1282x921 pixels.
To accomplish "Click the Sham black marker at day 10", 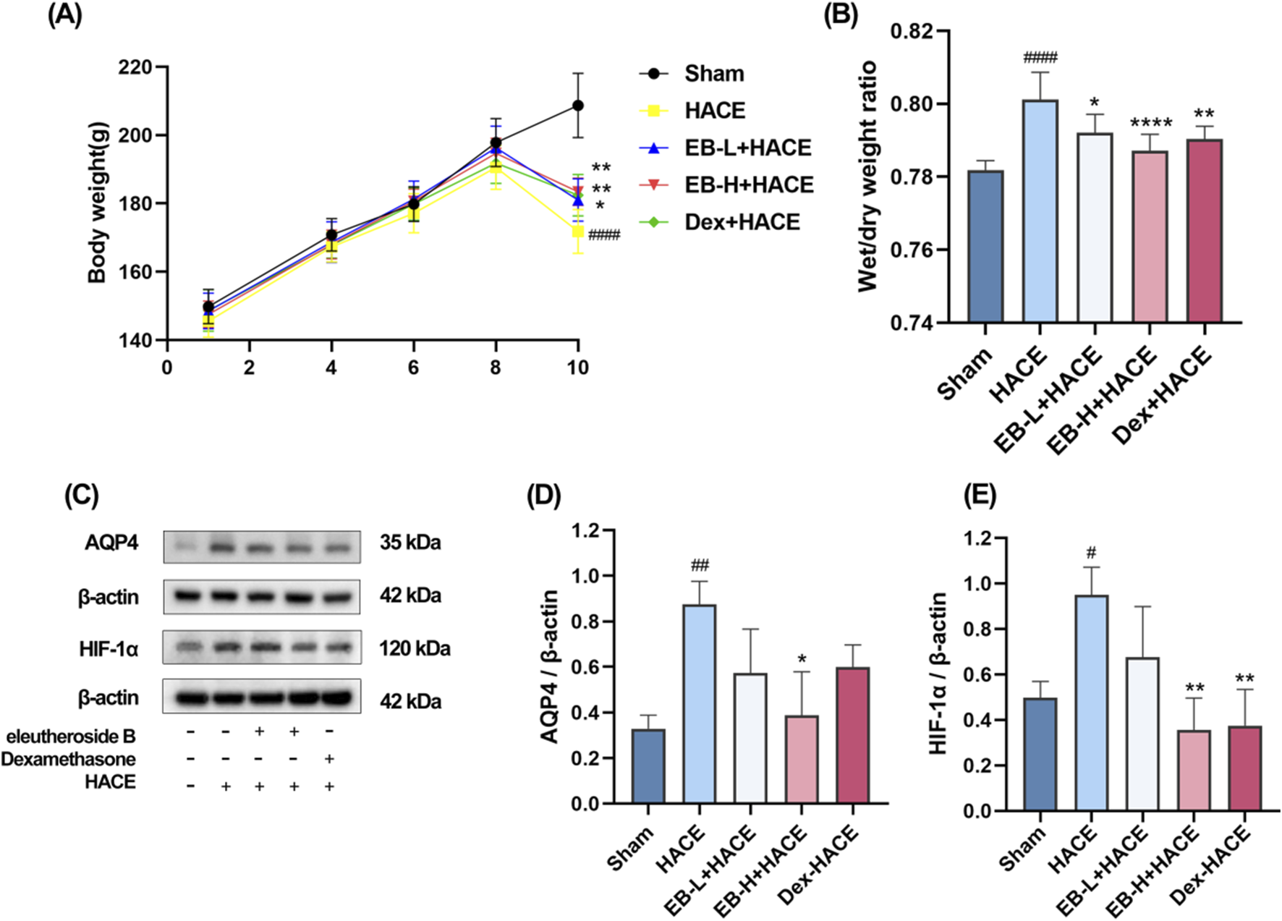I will point(577,106).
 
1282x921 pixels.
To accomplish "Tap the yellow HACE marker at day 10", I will point(577,232).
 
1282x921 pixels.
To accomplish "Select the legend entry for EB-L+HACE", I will point(747,148).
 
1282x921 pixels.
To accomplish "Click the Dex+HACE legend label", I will point(742,222).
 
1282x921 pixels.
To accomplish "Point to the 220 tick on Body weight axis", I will point(135,67).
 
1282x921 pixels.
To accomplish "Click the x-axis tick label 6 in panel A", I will point(413,368).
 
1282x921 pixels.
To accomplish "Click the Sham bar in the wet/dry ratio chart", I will point(985,246).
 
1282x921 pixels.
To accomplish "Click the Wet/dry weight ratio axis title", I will point(867,177).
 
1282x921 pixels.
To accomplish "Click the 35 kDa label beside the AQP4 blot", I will point(410,543).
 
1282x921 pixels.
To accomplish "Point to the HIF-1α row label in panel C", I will point(109,649).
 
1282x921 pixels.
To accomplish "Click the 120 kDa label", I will point(415,648).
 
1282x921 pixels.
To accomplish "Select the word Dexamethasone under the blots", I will point(68,760).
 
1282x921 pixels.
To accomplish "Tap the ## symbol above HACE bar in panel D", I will point(700,565).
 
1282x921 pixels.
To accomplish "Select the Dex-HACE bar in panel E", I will point(1244,768).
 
